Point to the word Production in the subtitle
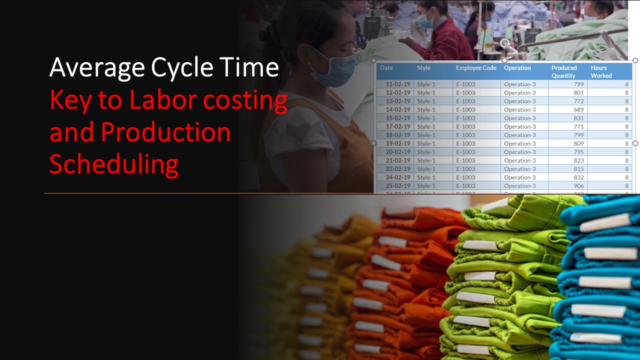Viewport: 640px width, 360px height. pyautogui.click(x=165, y=132)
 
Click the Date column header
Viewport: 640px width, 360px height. pyautogui.click(x=386, y=68)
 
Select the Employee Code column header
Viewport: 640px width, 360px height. pyautogui.click(x=475, y=68)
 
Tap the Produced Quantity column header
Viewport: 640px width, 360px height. pyautogui.click(x=564, y=71)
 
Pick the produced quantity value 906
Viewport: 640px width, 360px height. pyautogui.click(x=578, y=186)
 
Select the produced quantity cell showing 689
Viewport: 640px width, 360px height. pyautogui.click(x=578, y=109)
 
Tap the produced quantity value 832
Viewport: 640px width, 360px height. pyautogui.click(x=578, y=177)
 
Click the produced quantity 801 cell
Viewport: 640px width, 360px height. pyautogui.click(x=578, y=93)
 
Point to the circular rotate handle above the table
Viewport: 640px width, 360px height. pyautogui.click(x=504, y=43)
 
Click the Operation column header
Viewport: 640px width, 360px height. pyautogui.click(x=517, y=68)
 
